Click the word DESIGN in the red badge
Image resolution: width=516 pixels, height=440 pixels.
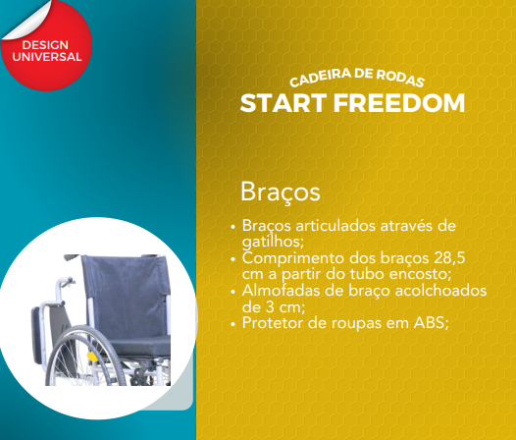pyautogui.click(x=45, y=45)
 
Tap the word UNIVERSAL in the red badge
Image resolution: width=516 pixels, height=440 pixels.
pyautogui.click(x=47, y=57)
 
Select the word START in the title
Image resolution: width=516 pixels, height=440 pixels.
pyautogui.click(x=284, y=103)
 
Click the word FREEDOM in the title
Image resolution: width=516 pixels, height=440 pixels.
pyautogui.click(x=399, y=103)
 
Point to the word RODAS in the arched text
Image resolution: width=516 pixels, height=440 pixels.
pyautogui.click(x=400, y=79)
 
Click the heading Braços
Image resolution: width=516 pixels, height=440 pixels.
pyautogui.click(x=281, y=192)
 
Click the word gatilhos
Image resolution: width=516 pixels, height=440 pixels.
pyautogui.click(x=273, y=243)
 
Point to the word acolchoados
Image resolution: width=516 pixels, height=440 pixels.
pyautogui.click(x=440, y=291)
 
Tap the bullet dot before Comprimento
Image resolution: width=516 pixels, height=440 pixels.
pyautogui.click(x=233, y=259)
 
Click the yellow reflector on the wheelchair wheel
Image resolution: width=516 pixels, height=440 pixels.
pyautogui.click(x=91, y=357)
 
